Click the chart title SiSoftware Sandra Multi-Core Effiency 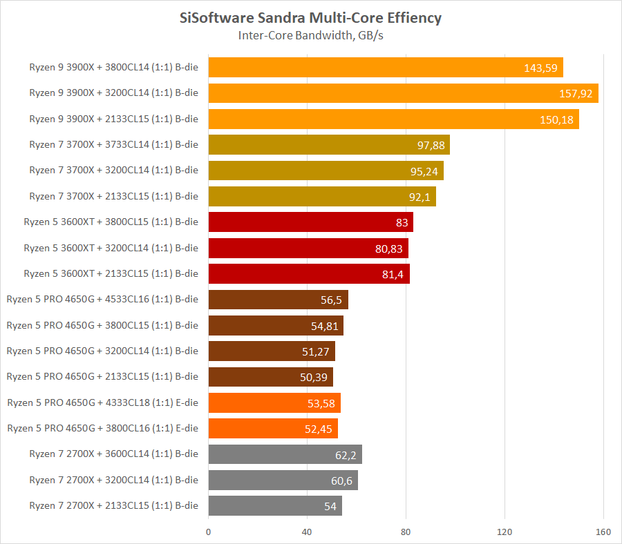[310, 18]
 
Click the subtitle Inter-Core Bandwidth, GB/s [310, 35]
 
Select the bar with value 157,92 [403, 93]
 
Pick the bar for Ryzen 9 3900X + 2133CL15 [393, 119]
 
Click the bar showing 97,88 [329, 145]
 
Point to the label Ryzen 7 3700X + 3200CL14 [113, 171]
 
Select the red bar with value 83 [310, 222]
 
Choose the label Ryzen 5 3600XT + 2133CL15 [111, 274]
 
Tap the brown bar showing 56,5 [278, 300]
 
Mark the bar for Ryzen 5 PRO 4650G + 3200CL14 [272, 351]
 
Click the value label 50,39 [317, 377]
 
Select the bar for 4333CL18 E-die [274, 402]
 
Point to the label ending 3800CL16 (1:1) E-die [102, 429]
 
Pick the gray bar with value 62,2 [285, 454]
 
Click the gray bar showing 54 [275, 506]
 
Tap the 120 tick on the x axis [505, 532]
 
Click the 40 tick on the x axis [307, 532]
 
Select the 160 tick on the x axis [603, 532]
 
